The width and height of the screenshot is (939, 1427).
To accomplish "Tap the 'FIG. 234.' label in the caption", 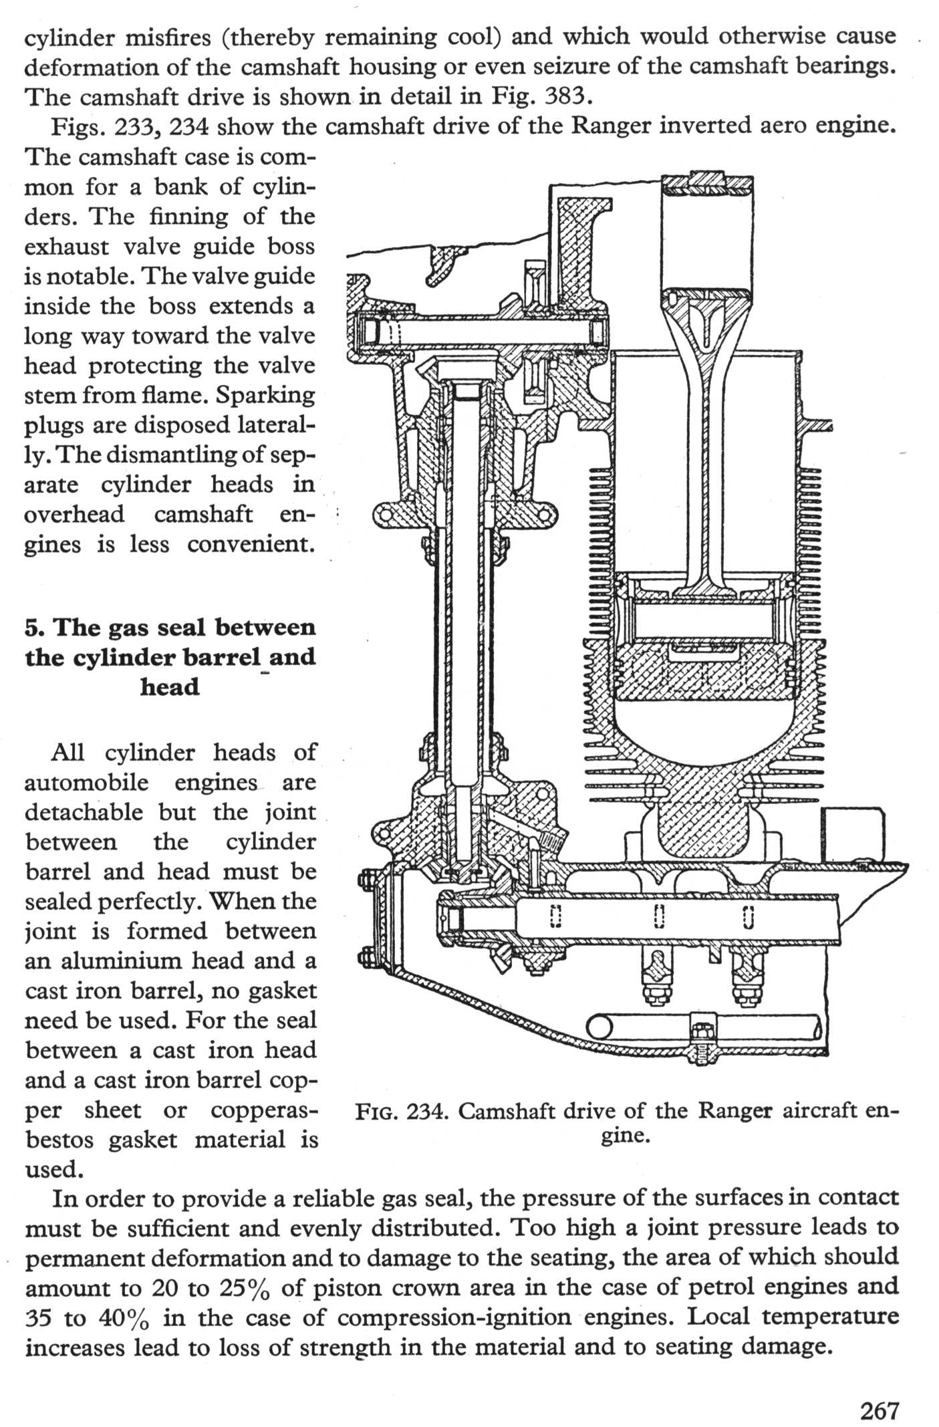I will tap(402, 1111).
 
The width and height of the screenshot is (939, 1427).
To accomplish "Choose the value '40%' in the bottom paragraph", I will tap(127, 1317).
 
